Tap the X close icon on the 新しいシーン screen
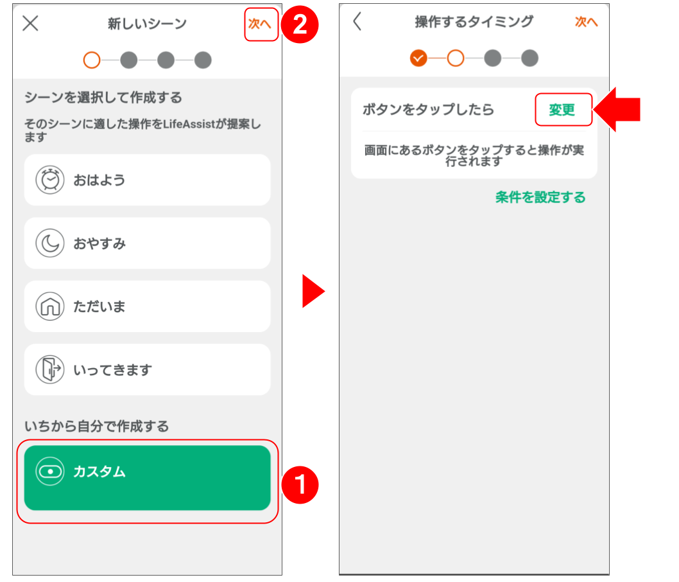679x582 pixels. (x=30, y=24)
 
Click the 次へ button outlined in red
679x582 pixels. (x=261, y=24)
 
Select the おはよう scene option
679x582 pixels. (x=147, y=180)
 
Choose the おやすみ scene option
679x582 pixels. (x=147, y=243)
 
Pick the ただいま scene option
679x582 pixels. (x=147, y=306)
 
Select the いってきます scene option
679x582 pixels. (x=147, y=369)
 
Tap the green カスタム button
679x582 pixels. (x=147, y=478)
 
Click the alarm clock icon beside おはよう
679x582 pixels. (x=50, y=180)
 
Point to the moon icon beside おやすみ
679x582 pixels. (x=50, y=243)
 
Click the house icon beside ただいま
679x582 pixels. (x=50, y=306)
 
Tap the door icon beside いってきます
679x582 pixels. (x=50, y=369)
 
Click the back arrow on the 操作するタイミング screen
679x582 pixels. (x=357, y=21)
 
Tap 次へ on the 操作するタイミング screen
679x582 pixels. (x=586, y=22)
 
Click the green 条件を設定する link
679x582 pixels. (x=540, y=197)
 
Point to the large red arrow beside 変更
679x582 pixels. (x=617, y=109)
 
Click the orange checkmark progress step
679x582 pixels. (x=418, y=58)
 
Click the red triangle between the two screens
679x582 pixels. (x=313, y=292)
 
